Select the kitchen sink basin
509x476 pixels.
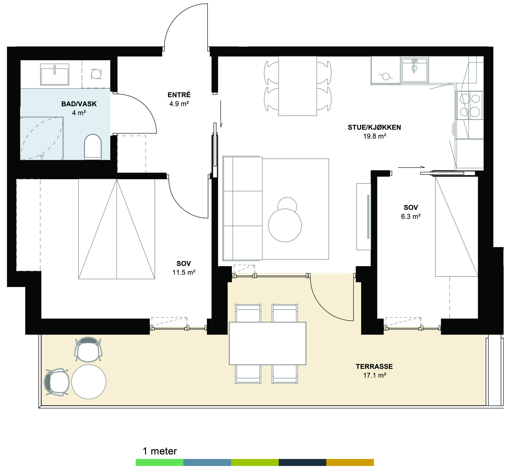(x=415, y=70)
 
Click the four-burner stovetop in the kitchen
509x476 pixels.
(x=470, y=105)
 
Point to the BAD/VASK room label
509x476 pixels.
(x=79, y=104)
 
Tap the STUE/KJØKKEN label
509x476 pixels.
(x=374, y=127)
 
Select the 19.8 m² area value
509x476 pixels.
(x=375, y=136)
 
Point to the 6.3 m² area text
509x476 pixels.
(x=411, y=217)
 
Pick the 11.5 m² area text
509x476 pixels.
(x=184, y=272)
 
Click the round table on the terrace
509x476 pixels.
(x=89, y=382)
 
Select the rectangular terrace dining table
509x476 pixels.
(x=267, y=343)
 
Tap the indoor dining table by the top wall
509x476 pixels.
(x=297, y=86)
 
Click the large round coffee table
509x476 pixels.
(x=285, y=225)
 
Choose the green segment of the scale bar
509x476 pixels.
(x=159, y=462)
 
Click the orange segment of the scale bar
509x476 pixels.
(x=350, y=462)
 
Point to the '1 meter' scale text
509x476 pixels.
(x=159, y=451)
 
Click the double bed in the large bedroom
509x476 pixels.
(x=117, y=229)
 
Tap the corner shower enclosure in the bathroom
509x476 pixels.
(x=42, y=138)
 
